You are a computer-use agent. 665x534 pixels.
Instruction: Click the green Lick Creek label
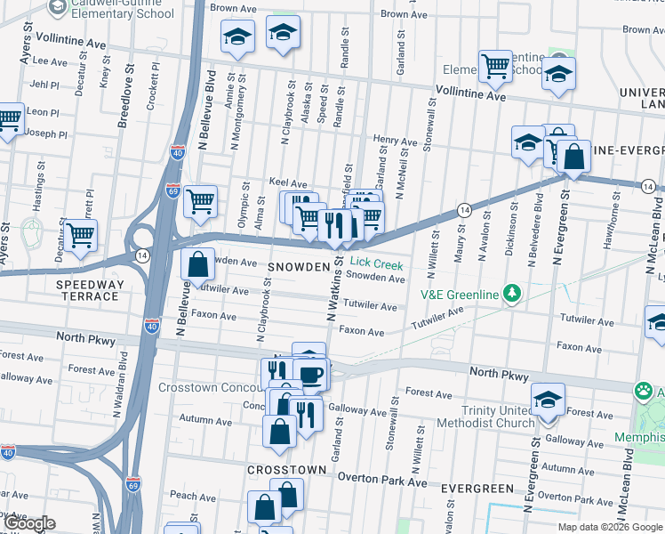tap(376, 264)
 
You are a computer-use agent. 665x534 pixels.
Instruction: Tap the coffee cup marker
tap(310, 375)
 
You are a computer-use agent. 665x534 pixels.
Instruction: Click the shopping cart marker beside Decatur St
tap(81, 235)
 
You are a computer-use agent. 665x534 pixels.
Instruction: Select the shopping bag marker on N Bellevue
tap(196, 263)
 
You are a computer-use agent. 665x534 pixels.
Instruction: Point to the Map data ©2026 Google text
tap(610, 527)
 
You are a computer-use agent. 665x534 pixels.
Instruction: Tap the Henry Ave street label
tap(395, 142)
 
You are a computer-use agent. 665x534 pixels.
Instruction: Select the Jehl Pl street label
tap(44, 85)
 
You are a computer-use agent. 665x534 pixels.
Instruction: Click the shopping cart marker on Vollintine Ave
tap(495, 65)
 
